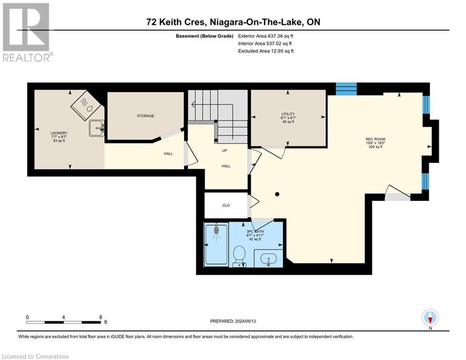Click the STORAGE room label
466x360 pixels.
tap(145, 116)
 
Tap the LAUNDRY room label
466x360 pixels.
tap(59, 133)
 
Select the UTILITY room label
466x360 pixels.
tap(288, 114)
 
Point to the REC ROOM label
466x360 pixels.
tap(375, 139)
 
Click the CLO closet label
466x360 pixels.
tap(226, 205)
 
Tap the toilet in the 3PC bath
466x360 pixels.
tap(239, 256)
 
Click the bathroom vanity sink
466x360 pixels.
tap(268, 259)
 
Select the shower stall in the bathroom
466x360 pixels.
tap(216, 245)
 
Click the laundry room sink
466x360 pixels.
tap(96, 128)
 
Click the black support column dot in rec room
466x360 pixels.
tap(277, 194)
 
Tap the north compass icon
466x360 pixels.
tap(430, 318)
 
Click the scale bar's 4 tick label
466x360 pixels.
tap(63, 317)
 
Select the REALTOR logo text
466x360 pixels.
tap(28, 57)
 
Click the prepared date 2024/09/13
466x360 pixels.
tap(245, 321)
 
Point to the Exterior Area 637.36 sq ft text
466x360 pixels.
tap(266, 36)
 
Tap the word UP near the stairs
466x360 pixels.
tap(225, 150)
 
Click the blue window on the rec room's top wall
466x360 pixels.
tap(346, 89)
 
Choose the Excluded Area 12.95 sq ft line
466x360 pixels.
tap(266, 51)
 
